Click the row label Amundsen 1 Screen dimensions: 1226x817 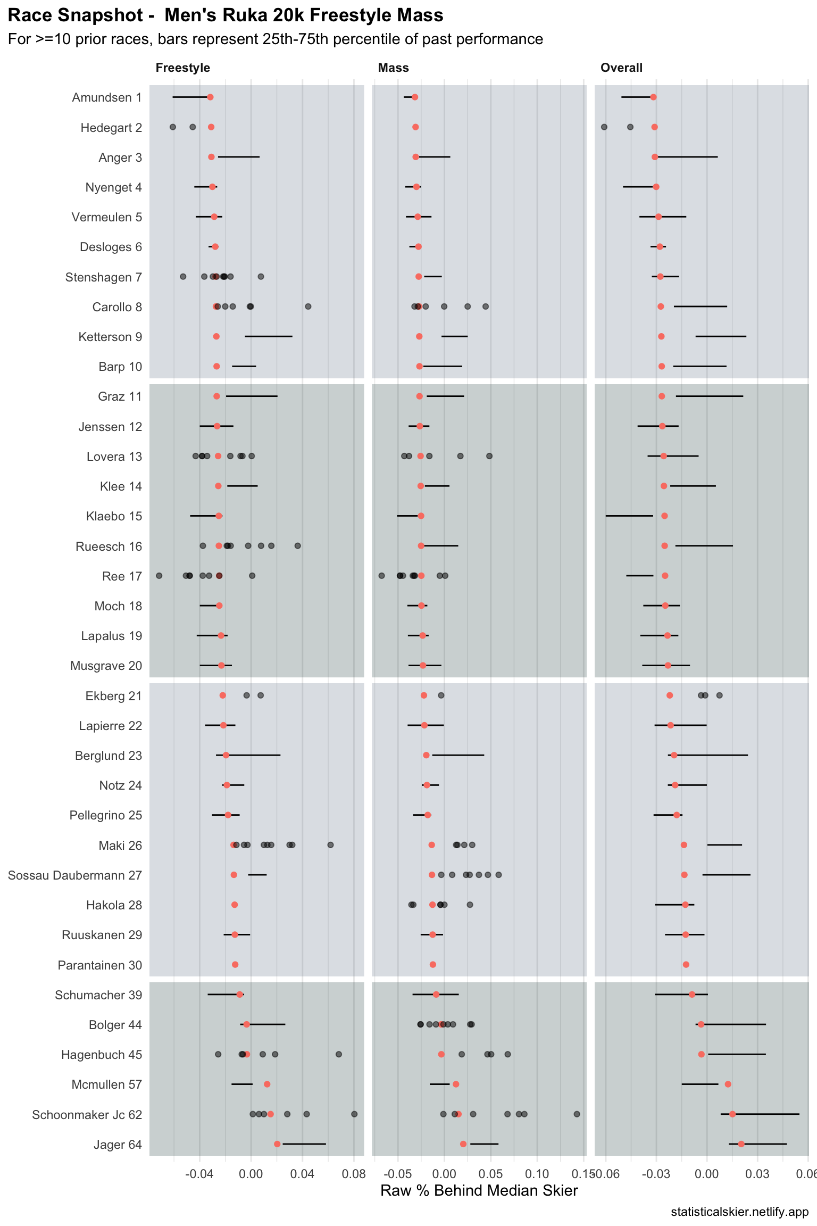pyautogui.click(x=106, y=98)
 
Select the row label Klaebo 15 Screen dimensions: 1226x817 pyautogui.click(x=114, y=517)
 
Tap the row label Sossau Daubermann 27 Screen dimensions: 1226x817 pyautogui.click(x=74, y=875)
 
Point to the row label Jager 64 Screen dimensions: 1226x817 pyautogui.click(x=118, y=1145)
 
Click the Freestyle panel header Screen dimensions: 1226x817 pyautogui.click(x=182, y=68)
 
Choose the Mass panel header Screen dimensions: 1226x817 pyautogui.click(x=393, y=68)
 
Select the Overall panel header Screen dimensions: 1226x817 pyautogui.click(x=621, y=68)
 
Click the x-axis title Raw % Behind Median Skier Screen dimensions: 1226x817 pyautogui.click(x=479, y=1191)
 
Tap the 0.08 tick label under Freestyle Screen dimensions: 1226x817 pyautogui.click(x=354, y=1174)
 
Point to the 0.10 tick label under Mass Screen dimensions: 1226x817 pyautogui.click(x=537, y=1174)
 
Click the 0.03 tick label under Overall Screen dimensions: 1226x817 pyautogui.click(x=757, y=1174)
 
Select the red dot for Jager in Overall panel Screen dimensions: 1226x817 pyautogui.click(x=741, y=1144)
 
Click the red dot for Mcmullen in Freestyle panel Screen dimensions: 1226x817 pyautogui.click(x=267, y=1084)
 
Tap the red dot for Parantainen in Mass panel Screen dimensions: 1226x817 pyautogui.click(x=433, y=965)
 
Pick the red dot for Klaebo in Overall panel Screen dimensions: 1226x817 pyautogui.click(x=664, y=516)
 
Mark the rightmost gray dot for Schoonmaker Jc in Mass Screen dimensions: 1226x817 pyautogui.click(x=577, y=1114)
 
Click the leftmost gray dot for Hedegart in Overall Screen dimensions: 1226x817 pyautogui.click(x=604, y=127)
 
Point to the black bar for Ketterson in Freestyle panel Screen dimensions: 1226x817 pyautogui.click(x=268, y=336)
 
